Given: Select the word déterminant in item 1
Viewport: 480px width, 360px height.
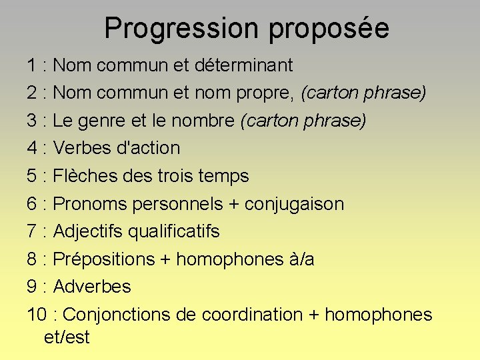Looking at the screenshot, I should pyautogui.click(x=244, y=65).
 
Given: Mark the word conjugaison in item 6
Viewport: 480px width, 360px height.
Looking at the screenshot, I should pyautogui.click(x=295, y=205).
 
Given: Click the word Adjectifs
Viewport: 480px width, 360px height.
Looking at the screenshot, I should pyautogui.click(x=88, y=232).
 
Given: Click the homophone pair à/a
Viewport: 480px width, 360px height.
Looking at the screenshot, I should pyautogui.click(x=301, y=259).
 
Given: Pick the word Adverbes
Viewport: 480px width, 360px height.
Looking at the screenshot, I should pyautogui.click(x=92, y=287).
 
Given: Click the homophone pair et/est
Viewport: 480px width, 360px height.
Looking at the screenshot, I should pyautogui.click(x=67, y=337).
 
